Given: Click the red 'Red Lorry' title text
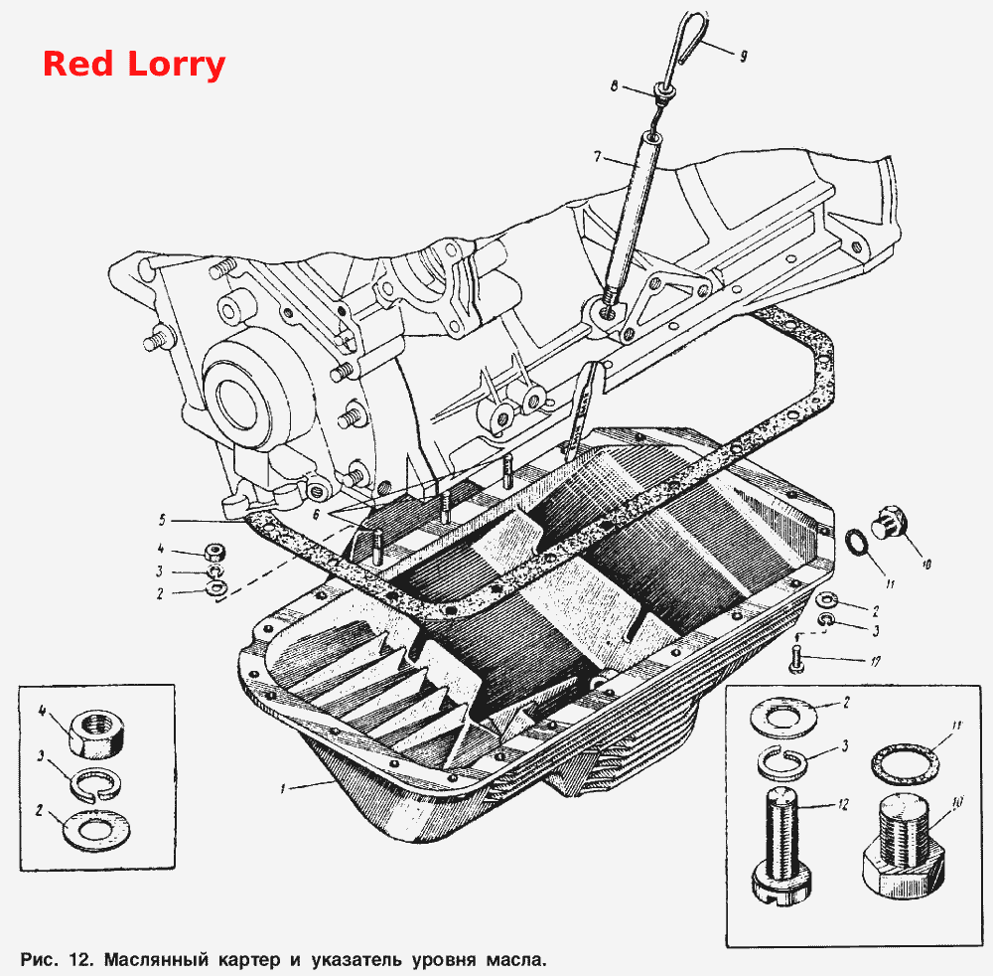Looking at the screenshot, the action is (x=134, y=65).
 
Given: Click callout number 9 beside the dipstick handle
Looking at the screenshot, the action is (x=744, y=56).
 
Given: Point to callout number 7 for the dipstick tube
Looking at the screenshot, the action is (x=597, y=155).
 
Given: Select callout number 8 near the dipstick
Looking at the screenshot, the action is (x=614, y=85).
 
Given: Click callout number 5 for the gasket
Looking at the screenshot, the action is (x=162, y=521).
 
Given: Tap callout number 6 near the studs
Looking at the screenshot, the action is (x=317, y=515).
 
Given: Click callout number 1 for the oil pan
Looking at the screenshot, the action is (x=283, y=788).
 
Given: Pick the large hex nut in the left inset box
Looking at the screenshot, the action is (x=93, y=733).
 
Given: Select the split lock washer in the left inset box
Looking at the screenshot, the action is (x=96, y=785).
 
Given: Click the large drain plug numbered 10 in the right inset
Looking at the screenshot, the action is (x=905, y=844).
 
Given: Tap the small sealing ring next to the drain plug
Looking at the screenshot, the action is (x=857, y=543).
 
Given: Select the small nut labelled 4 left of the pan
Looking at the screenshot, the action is (x=215, y=552).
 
